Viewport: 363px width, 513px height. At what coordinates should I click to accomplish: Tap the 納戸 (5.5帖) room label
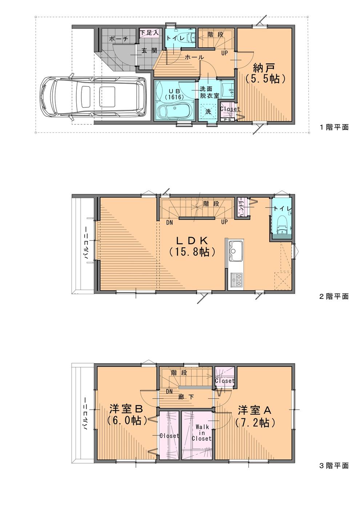tap(264, 73)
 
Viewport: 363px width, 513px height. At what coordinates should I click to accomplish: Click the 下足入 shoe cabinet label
tap(150, 33)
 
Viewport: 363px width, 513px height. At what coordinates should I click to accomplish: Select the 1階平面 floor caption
tap(334, 127)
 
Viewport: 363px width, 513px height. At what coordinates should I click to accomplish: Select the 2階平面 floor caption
tap(334, 296)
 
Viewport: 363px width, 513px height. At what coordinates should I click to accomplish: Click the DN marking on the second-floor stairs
tap(169, 222)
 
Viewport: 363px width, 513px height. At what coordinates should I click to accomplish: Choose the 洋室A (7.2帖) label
tap(254, 416)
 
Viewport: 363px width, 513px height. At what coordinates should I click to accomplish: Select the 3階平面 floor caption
tap(334, 465)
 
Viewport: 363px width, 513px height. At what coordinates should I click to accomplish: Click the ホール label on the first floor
tap(194, 57)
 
